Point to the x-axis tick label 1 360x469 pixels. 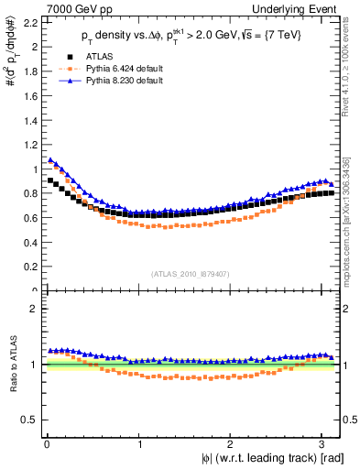click(138, 442)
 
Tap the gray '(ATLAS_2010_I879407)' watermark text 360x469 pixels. click(191, 273)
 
